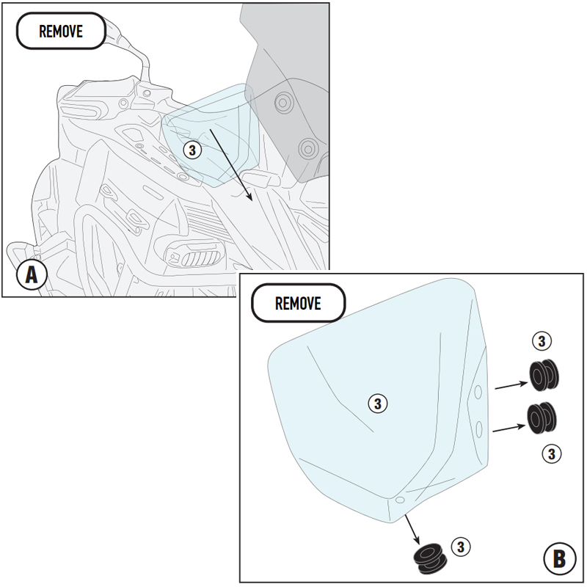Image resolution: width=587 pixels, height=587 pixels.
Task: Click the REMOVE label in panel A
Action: coord(61,32)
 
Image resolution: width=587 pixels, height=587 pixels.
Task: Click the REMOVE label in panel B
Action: coord(298,304)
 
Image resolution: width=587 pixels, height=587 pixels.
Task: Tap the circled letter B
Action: coord(559,560)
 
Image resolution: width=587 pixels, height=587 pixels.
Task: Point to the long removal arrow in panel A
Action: coord(231,164)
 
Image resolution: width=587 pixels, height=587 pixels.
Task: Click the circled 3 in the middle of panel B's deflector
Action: coord(376,403)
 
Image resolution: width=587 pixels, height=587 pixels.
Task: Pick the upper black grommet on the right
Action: coord(544,376)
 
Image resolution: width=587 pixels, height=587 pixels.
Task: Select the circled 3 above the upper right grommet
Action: coord(541,341)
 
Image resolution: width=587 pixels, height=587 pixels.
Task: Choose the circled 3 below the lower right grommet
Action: coord(551,453)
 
